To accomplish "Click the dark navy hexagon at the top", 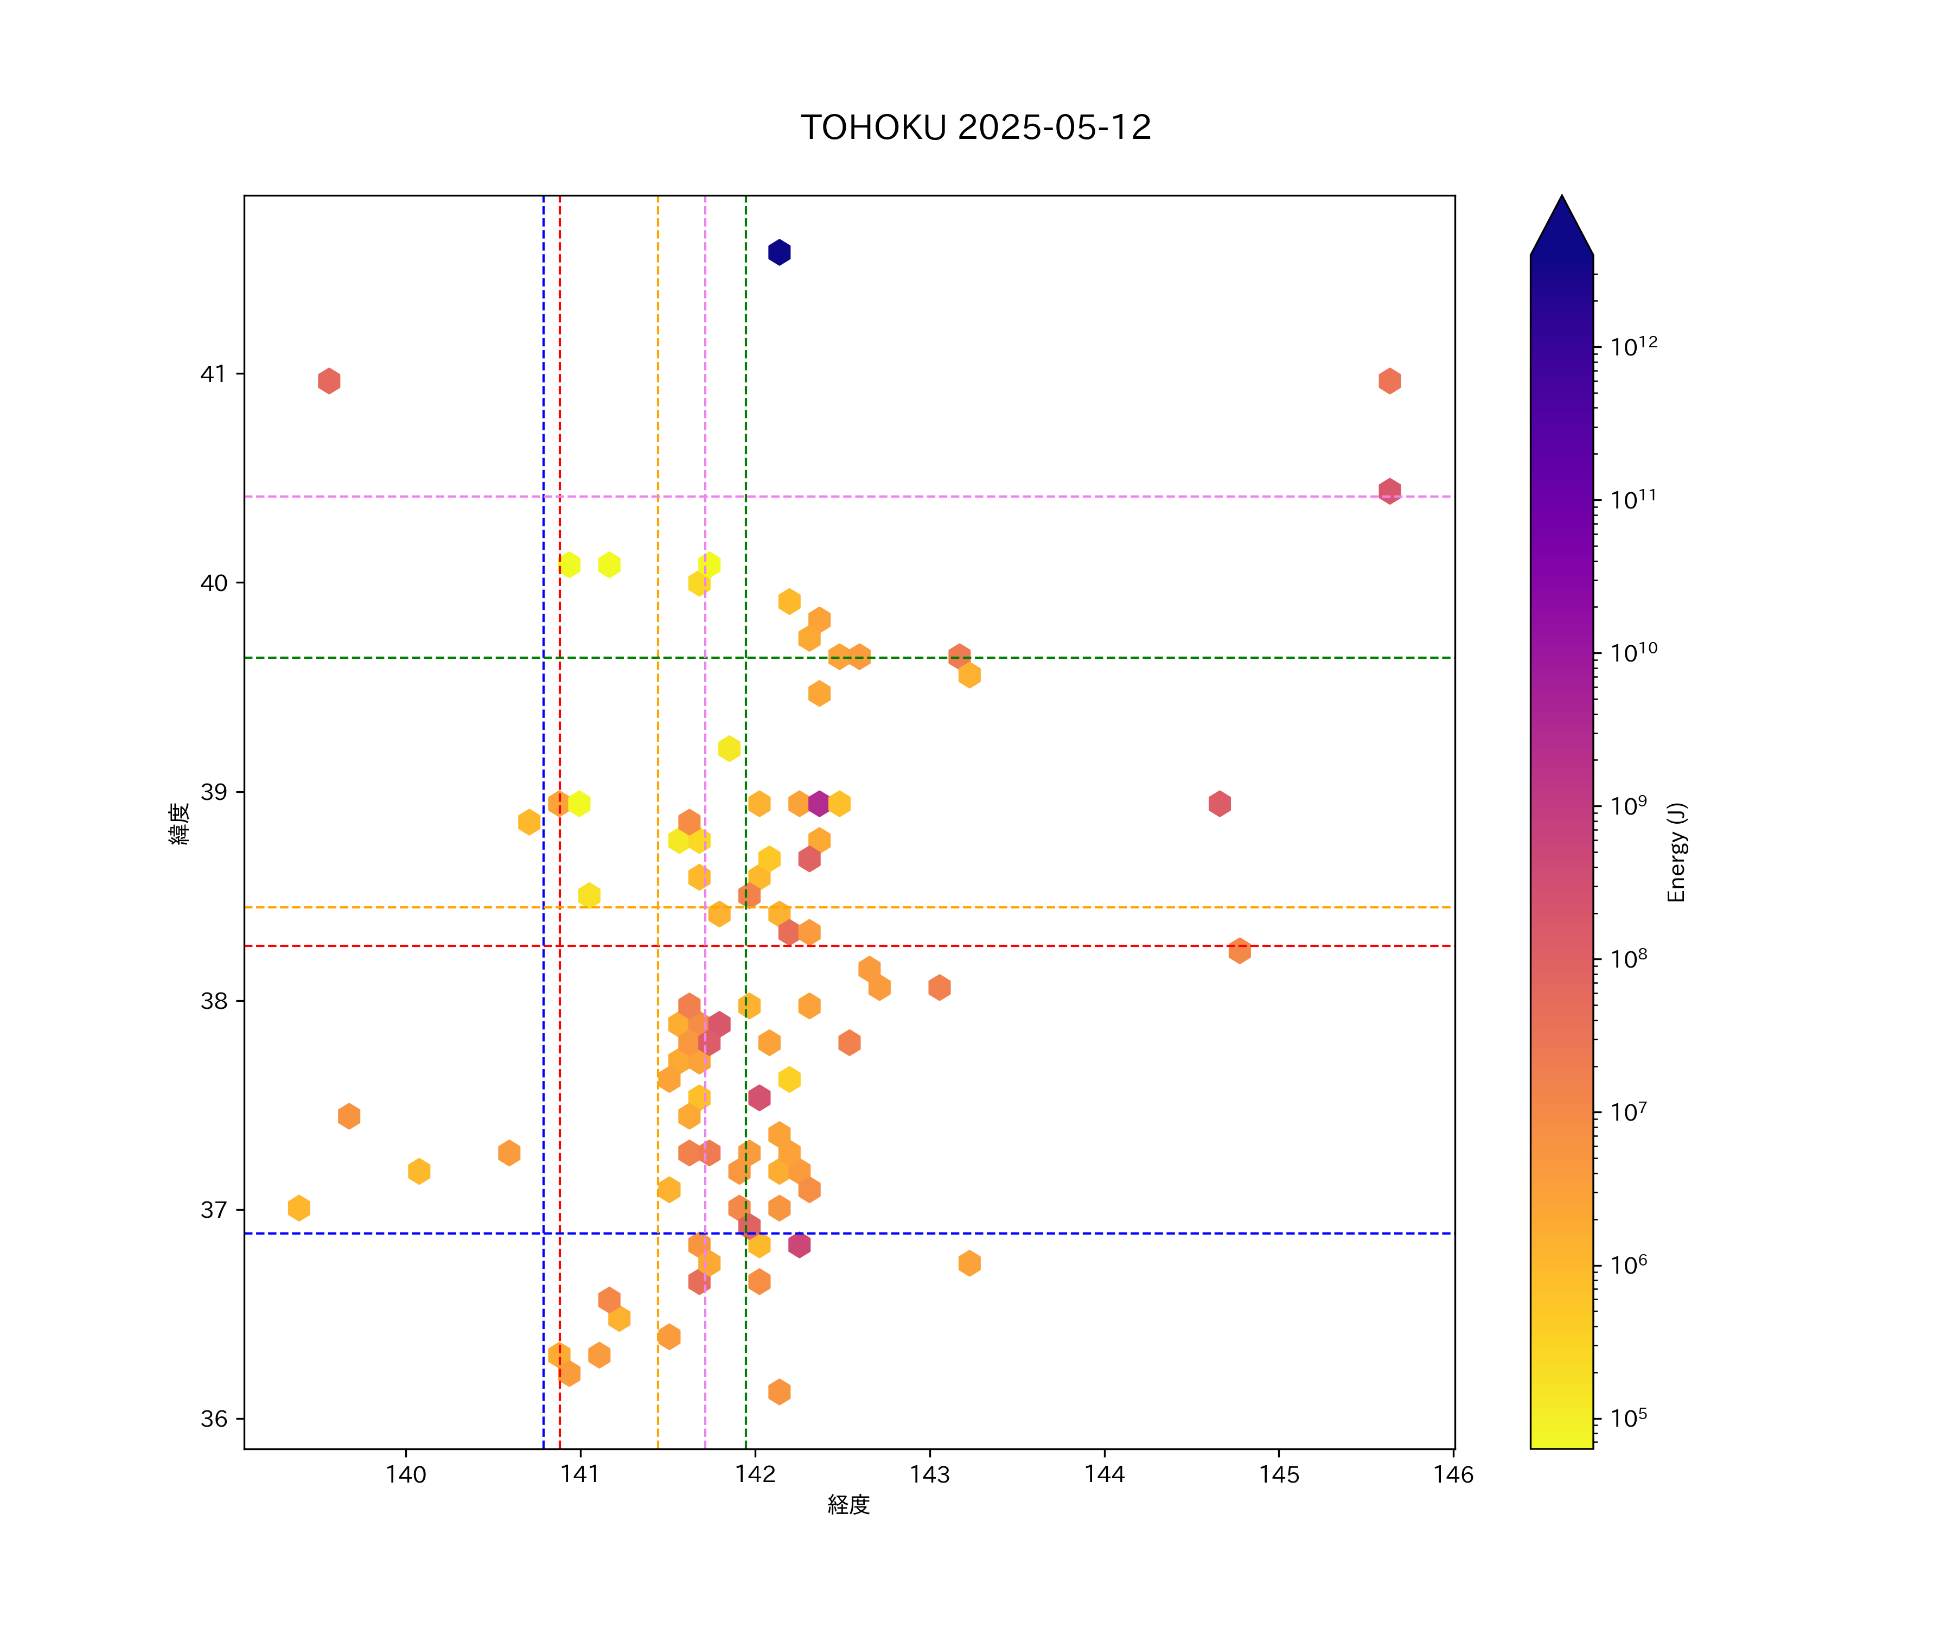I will tap(780, 252).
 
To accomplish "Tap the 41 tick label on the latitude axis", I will tap(213, 374).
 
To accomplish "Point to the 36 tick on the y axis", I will tap(213, 1419).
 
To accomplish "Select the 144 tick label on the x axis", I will tap(1104, 1474).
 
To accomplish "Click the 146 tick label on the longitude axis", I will tap(1453, 1474).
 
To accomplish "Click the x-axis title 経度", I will tap(848, 1505).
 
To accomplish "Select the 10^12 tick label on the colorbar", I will tap(1634, 347).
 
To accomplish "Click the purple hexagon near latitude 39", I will tap(819, 804).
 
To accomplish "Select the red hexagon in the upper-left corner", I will tap(328, 380).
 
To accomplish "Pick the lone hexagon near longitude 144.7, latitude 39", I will tap(1219, 804).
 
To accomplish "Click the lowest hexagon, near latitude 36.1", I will tap(780, 1392).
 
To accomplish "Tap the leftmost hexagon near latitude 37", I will tap(298, 1209).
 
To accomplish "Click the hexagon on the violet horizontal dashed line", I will tap(1389, 491).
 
